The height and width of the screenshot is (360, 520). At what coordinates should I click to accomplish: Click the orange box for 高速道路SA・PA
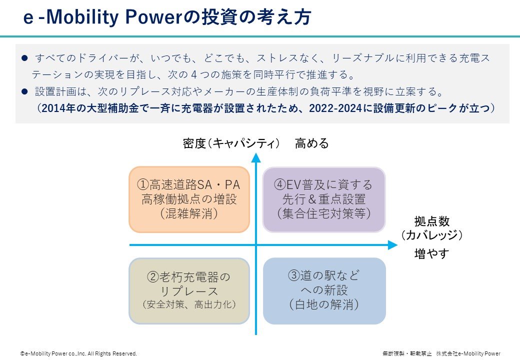coord(189,199)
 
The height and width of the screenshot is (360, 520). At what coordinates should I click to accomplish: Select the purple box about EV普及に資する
coord(324,199)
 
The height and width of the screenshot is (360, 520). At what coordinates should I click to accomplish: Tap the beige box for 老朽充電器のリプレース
coord(189,290)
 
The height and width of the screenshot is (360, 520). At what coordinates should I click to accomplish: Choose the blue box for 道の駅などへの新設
coord(324,290)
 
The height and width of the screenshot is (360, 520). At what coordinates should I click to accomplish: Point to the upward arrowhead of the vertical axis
coord(256,158)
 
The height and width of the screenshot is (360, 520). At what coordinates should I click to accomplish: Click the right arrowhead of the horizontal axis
coord(392,245)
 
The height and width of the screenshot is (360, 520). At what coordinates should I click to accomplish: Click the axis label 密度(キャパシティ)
coord(231,143)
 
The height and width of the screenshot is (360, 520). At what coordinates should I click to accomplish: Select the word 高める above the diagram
coord(312,143)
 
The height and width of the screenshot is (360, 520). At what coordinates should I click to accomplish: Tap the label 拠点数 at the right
coord(431,221)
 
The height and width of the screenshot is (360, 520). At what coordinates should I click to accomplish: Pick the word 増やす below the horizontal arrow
coord(431,254)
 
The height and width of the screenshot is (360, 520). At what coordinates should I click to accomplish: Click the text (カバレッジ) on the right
coord(431,235)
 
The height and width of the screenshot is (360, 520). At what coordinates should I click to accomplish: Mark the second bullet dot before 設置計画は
coord(24,92)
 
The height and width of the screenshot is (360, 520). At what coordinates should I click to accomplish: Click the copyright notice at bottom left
coord(78,353)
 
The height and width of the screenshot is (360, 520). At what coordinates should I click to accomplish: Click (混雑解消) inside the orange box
coord(189,213)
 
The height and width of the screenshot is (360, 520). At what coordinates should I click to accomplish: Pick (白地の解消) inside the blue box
coord(324,304)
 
